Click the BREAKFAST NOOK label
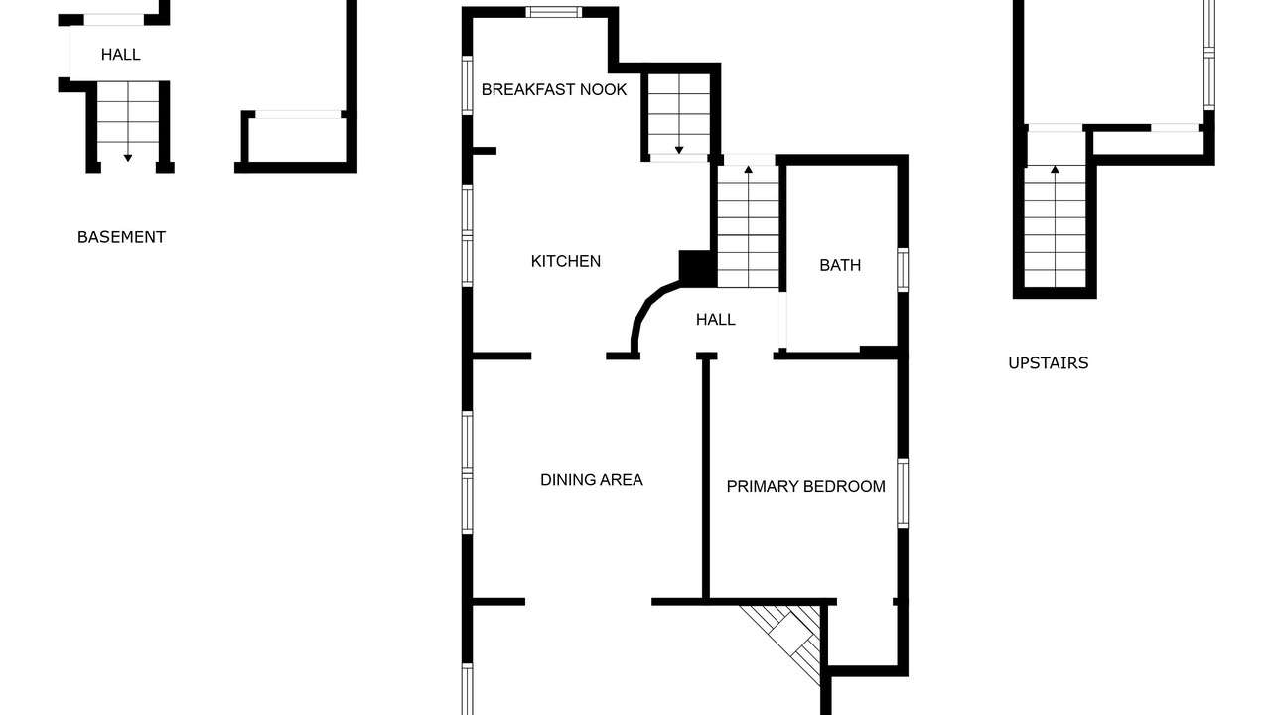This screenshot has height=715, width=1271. (554, 89)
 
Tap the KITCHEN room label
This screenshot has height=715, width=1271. (566, 261)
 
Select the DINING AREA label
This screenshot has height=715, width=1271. (592, 480)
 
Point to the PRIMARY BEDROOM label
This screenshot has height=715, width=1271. (805, 486)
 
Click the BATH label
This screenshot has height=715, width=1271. (840, 265)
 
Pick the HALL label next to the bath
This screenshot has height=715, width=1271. (716, 320)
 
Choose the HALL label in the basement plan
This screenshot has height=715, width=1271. (121, 55)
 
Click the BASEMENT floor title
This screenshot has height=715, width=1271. (121, 237)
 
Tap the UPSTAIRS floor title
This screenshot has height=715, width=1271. (1048, 363)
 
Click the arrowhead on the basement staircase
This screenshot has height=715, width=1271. (128, 158)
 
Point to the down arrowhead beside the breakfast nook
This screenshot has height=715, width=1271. (679, 150)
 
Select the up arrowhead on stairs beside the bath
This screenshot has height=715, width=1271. (749, 169)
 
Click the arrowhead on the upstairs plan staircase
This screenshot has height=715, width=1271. (1055, 169)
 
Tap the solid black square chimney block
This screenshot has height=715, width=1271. (697, 268)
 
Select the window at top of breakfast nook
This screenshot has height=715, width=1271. (554, 12)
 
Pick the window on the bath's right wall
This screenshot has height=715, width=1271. (903, 270)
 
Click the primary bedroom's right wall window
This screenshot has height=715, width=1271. (903, 494)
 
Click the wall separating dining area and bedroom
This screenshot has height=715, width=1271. (706, 478)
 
